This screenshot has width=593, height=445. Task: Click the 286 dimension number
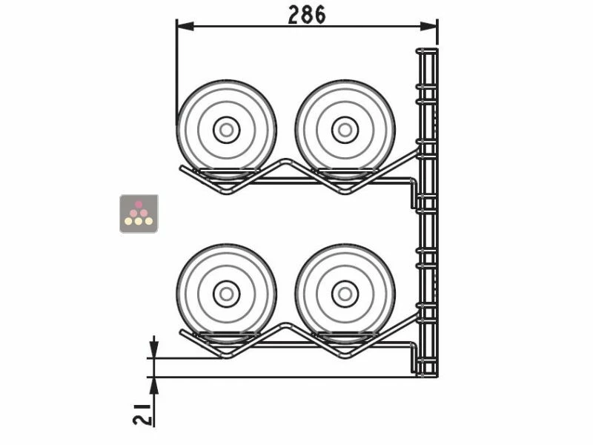[x=306, y=15]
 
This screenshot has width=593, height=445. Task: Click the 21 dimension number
[x=145, y=410]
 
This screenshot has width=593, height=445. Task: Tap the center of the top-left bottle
[x=226, y=130]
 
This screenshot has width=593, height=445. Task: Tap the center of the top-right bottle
[x=345, y=130]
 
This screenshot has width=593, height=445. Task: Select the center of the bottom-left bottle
[x=226, y=294]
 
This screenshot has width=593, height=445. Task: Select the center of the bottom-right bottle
[x=345, y=294]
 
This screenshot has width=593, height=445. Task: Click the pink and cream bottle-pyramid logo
[x=139, y=214]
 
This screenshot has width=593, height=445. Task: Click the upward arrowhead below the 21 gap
[x=154, y=384]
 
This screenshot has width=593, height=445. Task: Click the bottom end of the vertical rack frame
[x=426, y=375]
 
